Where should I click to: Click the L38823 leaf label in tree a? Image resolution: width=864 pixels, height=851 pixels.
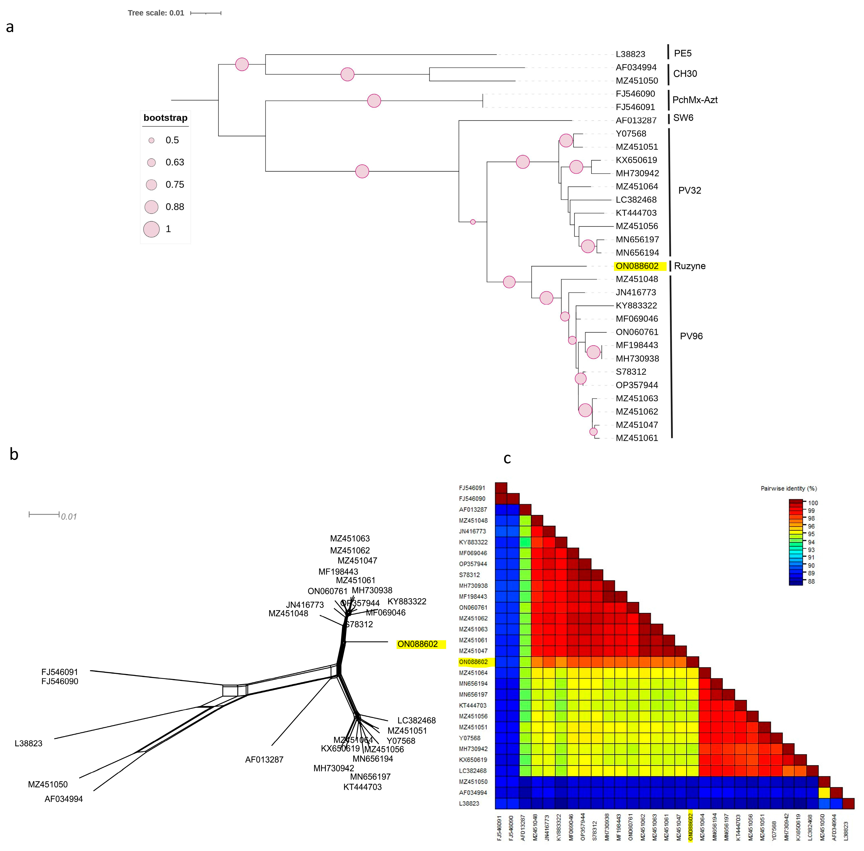[630, 54]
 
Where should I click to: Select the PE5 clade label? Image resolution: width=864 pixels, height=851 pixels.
[683, 53]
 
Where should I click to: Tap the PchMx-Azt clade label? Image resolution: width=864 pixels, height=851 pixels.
[695, 100]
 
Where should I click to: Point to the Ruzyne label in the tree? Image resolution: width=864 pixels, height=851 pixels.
[690, 266]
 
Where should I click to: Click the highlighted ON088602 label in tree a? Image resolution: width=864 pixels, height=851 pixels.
[637, 266]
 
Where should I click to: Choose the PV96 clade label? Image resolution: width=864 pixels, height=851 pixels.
[691, 336]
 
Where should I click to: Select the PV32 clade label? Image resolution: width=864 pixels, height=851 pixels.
[689, 190]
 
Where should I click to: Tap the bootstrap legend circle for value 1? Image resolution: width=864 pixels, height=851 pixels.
[152, 229]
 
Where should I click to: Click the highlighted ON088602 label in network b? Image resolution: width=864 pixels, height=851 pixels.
[418, 644]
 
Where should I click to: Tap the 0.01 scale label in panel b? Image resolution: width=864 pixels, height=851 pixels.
[69, 517]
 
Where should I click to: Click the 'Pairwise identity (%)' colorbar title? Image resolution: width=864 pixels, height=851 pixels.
[789, 489]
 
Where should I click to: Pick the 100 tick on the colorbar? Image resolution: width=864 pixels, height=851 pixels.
[813, 503]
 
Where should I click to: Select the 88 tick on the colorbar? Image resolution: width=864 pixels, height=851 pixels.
[811, 581]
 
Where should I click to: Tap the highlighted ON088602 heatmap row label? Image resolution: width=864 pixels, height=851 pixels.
[473, 662]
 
